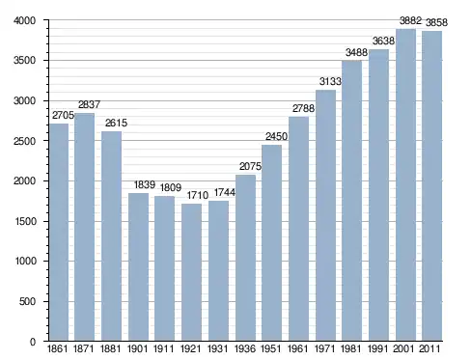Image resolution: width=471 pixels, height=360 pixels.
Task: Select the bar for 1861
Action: click(59, 233)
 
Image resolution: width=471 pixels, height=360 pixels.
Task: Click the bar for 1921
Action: click(191, 272)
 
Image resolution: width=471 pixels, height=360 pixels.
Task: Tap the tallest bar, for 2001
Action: click(405, 185)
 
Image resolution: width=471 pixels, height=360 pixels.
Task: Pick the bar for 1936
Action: click(245, 258)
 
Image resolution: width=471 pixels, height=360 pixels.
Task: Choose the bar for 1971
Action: click(325, 215)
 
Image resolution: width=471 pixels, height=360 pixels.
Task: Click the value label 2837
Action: click(89, 104)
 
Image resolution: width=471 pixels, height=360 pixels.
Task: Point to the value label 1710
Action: click(198, 195)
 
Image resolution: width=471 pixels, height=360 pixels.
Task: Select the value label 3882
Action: click(410, 21)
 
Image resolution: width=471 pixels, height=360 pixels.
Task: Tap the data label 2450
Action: click(276, 136)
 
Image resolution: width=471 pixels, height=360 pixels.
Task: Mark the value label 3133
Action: click(330, 81)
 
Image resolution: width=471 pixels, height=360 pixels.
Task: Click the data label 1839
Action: click(145, 184)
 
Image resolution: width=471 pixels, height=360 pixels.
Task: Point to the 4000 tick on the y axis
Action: click(24, 20)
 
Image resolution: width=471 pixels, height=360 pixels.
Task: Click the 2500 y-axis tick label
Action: click(24, 141)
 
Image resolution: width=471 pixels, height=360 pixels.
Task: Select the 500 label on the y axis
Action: click(27, 301)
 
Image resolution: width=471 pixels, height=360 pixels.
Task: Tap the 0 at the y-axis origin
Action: click(33, 342)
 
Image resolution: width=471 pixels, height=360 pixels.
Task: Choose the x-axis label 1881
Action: click(111, 348)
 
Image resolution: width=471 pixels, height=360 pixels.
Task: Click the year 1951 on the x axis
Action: click(271, 348)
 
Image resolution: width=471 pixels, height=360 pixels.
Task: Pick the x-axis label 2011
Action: click(429, 348)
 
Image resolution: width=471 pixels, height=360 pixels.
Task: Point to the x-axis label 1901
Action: click(137, 348)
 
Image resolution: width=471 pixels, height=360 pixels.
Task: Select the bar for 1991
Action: click(378, 195)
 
